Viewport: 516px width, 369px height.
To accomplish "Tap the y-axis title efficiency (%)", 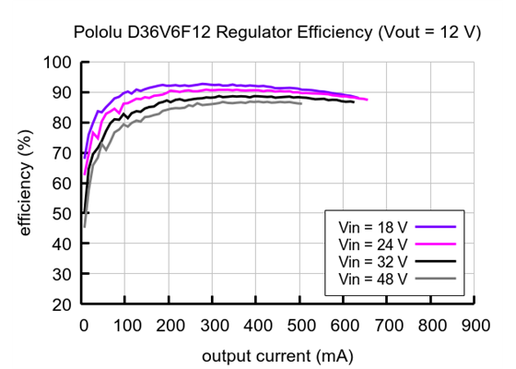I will tap(26, 183).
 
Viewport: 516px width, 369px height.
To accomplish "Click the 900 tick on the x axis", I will tap(475, 325).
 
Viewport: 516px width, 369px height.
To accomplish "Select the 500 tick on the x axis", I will tap(300, 325).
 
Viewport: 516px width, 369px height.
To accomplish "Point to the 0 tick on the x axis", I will tap(83, 325).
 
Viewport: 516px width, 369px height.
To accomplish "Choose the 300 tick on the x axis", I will tap(214, 325).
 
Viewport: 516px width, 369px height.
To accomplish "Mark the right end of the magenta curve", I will tap(367, 100).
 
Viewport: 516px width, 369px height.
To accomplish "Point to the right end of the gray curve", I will tap(300, 103).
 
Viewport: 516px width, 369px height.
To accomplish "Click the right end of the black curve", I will tap(353, 101).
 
